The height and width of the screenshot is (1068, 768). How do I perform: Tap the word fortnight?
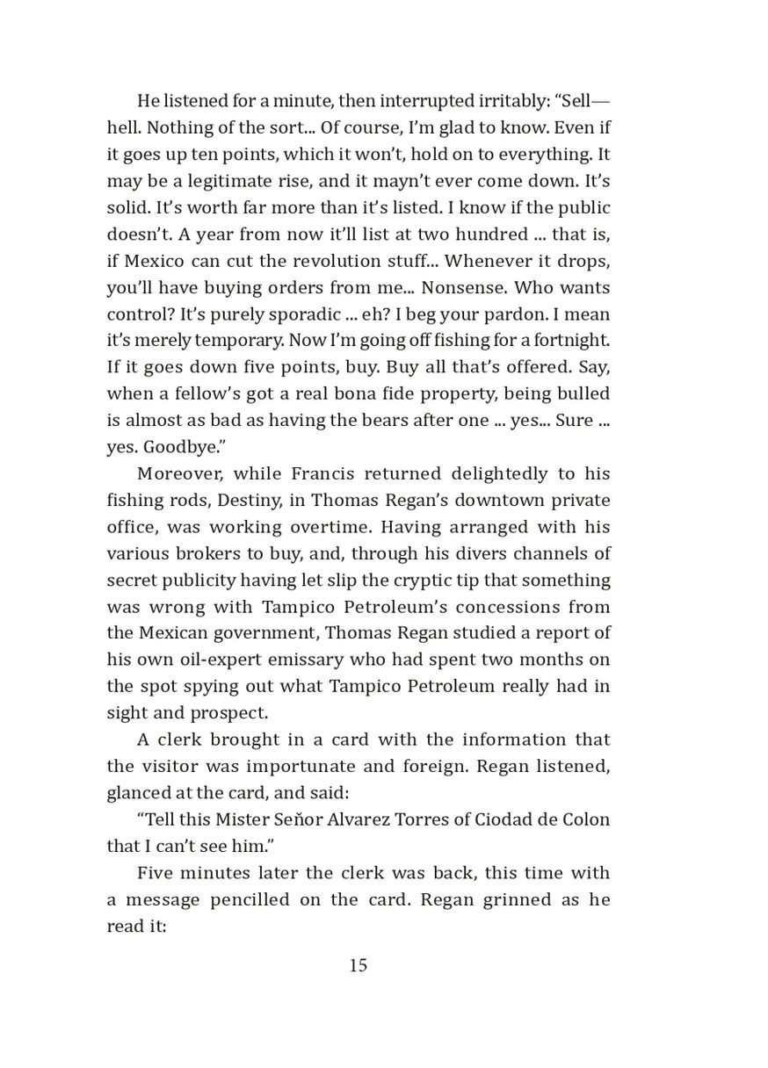tap(561, 341)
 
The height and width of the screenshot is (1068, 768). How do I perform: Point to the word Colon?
tap(587, 819)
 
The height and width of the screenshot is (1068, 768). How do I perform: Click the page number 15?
tap(359, 966)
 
